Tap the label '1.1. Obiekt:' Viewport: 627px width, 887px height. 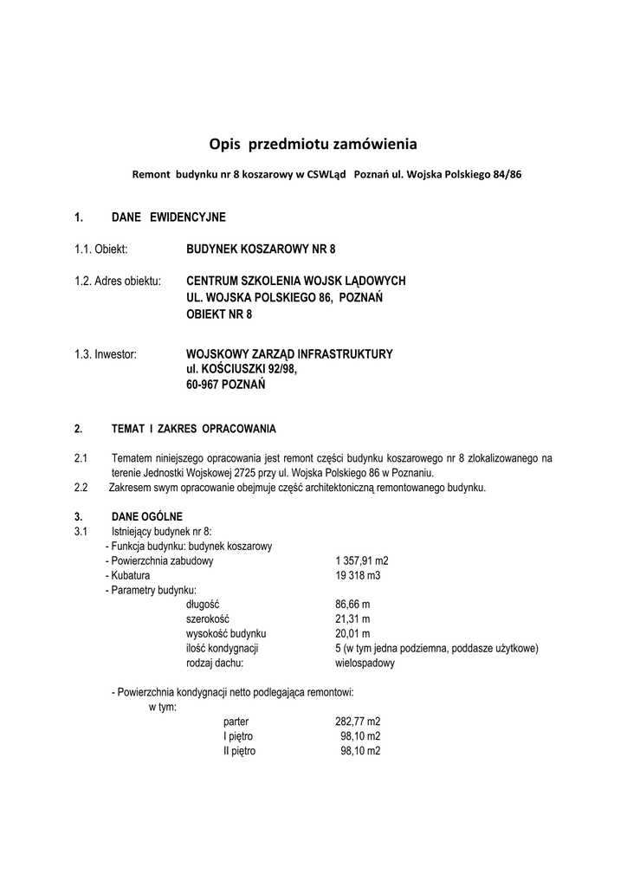pos(101,249)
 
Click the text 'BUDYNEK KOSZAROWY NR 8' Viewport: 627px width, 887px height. pos(261,249)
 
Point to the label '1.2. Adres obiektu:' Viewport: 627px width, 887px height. pos(118,282)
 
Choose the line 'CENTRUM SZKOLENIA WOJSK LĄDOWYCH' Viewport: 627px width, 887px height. pos(296,282)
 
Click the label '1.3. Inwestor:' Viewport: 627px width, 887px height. pos(106,353)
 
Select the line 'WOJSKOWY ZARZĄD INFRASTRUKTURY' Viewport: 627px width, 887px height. pos(290,353)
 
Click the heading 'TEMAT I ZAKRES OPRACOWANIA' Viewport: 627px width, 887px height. pos(194,429)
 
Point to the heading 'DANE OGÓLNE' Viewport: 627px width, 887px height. pos(147,516)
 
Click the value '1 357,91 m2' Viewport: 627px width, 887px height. pos(362,560)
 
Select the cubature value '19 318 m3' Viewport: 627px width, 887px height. pos(358,575)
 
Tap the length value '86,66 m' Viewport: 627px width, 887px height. pos(352,605)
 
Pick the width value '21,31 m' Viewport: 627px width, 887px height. pos(352,619)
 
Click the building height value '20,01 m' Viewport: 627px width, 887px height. pos(352,634)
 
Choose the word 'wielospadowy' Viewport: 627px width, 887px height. pos(365,664)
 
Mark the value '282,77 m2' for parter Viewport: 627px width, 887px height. pos(358,722)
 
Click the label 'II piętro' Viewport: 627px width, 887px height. pos(239,751)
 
